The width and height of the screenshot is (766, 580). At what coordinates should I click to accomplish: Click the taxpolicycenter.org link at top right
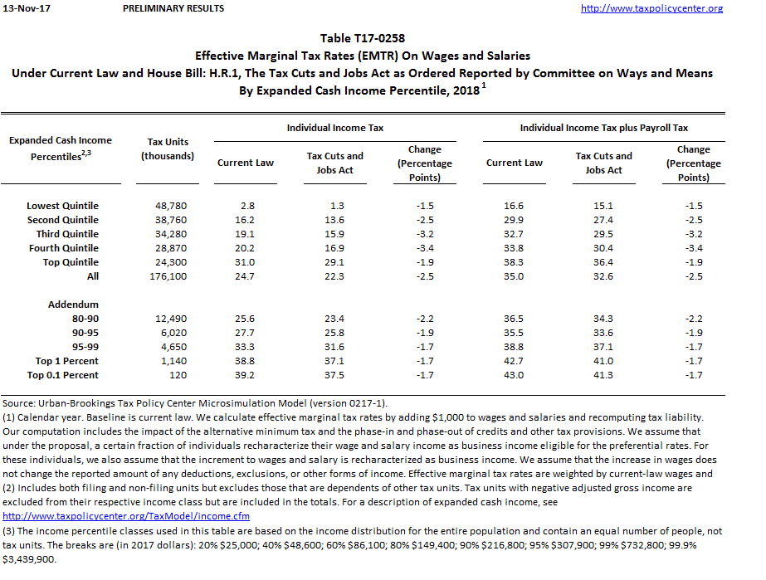651,8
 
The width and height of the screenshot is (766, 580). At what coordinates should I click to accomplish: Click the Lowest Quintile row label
62,206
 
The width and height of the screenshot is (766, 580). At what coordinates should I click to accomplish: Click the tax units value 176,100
169,276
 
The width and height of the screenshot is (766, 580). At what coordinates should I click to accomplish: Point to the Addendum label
73,305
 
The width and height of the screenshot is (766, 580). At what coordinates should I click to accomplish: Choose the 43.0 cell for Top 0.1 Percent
514,375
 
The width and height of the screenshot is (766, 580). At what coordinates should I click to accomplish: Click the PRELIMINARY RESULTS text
173,8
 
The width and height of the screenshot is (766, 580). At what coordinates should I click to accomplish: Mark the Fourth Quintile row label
63,248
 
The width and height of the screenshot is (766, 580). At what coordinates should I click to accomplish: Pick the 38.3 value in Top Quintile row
514,262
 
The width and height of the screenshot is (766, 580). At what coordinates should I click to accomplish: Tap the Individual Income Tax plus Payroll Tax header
603,128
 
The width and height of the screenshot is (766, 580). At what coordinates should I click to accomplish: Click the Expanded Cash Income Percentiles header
60,148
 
